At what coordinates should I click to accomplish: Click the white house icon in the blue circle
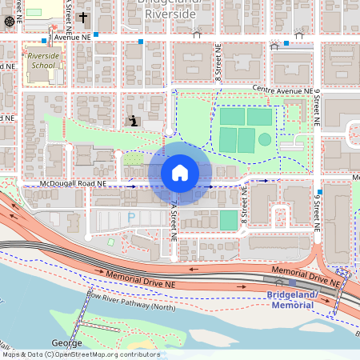[x=180, y=173]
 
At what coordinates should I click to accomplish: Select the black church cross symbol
[x=82, y=18]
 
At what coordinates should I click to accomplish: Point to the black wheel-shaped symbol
[x=9, y=21]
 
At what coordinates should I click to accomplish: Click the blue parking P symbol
[x=131, y=217]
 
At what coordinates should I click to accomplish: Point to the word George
[x=66, y=342]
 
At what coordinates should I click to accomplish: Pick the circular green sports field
[x=264, y=139]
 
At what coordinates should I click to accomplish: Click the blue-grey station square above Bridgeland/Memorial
[x=293, y=282]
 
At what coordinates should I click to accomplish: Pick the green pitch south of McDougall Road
[x=229, y=219]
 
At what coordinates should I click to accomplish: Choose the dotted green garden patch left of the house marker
[x=133, y=159]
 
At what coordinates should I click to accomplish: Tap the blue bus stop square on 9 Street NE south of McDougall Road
[x=318, y=194]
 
